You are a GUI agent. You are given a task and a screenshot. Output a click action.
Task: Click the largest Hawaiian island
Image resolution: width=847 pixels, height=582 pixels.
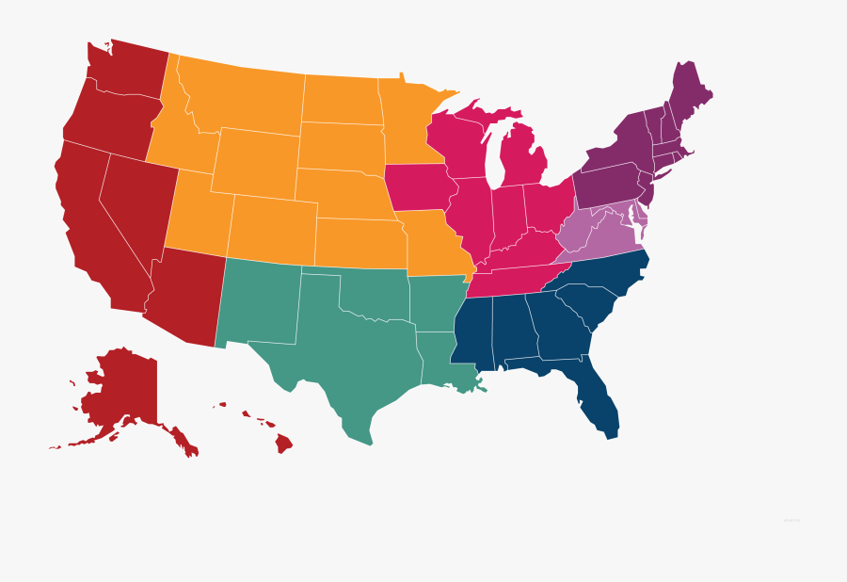coord(283,443)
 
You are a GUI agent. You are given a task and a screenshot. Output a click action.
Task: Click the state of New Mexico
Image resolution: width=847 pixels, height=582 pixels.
coord(259,301)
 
